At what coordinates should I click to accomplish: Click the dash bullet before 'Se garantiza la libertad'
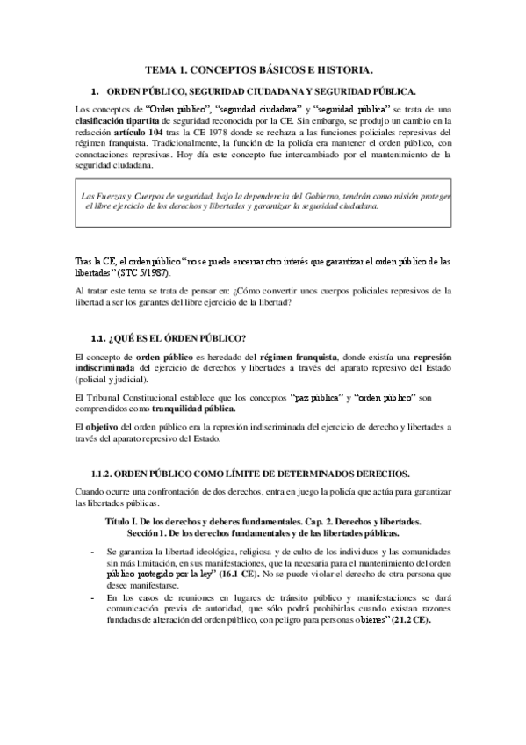(93, 551)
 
